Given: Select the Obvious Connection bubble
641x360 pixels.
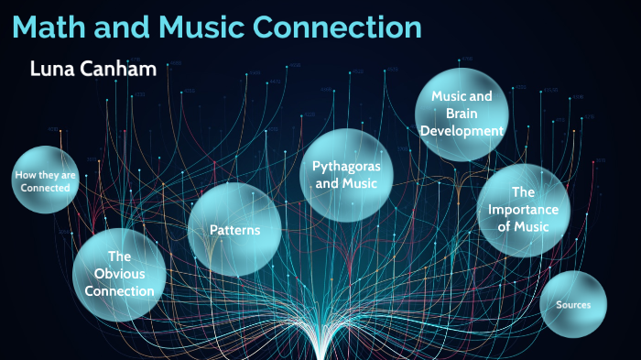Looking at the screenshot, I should click(120, 274).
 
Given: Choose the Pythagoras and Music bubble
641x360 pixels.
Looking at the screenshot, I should click(340, 174).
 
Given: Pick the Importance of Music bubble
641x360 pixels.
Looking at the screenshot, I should click(523, 210).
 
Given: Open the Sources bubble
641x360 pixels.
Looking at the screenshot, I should click(573, 304).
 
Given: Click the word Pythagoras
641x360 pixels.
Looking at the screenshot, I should click(340, 166).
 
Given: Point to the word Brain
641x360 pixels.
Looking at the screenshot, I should click(462, 113).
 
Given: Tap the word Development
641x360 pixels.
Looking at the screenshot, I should click(462, 130).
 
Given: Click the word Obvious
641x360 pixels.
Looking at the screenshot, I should click(120, 274).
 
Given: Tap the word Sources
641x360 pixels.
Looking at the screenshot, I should click(573, 304).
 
